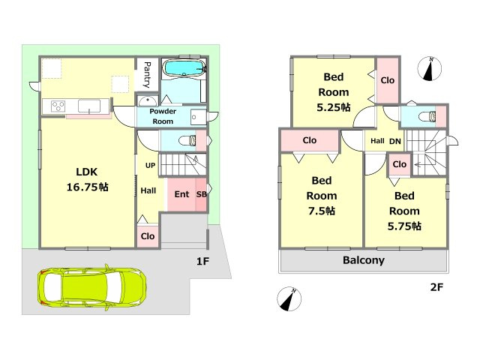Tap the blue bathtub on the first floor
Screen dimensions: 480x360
(x=184, y=67)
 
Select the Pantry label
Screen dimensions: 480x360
(x=147, y=75)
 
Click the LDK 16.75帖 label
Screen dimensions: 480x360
(x=87, y=179)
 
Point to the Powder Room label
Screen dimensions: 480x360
(x=163, y=116)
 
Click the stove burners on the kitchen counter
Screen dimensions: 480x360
(x=58, y=106)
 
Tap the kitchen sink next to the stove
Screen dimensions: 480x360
(x=89, y=106)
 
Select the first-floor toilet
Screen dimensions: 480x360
(x=187, y=140)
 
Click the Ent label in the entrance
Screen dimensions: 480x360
(x=181, y=194)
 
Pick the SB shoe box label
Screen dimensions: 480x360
(x=202, y=194)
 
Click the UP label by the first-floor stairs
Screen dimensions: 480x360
(x=150, y=166)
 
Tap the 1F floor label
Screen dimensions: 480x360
(x=202, y=261)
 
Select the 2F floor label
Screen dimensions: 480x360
(x=436, y=286)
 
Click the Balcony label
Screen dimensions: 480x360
(x=364, y=260)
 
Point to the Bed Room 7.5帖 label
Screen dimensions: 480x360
(x=322, y=196)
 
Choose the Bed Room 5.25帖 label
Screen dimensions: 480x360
(x=334, y=91)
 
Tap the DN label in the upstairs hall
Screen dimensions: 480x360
(x=395, y=141)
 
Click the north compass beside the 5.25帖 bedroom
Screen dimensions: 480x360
(x=430, y=68)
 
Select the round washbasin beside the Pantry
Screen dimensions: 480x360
(x=147, y=100)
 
